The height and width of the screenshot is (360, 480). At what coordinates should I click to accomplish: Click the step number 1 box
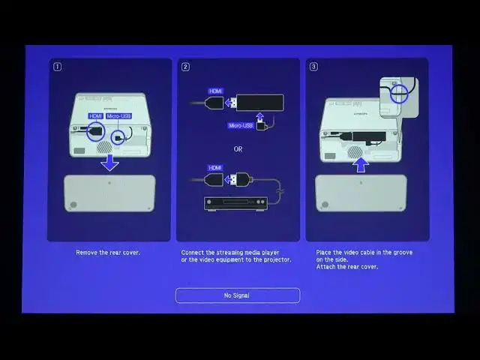pyautogui.click(x=57, y=67)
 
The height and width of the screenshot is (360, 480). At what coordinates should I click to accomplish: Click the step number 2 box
pyautogui.click(x=185, y=67)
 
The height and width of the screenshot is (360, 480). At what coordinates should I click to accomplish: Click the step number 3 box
pyautogui.click(x=313, y=67)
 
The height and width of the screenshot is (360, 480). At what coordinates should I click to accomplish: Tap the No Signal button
pyautogui.click(x=238, y=295)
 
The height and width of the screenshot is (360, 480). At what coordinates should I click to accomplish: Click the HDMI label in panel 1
pyautogui.click(x=95, y=116)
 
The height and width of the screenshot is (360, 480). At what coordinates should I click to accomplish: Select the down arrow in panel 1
pyautogui.click(x=109, y=163)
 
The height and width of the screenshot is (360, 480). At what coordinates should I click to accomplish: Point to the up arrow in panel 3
pyautogui.click(x=361, y=163)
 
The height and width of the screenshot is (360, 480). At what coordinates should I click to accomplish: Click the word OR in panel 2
pyautogui.click(x=238, y=148)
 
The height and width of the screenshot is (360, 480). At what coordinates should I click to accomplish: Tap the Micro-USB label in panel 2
pyautogui.click(x=240, y=125)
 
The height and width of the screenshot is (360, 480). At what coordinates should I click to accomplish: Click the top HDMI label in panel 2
pyautogui.click(x=215, y=91)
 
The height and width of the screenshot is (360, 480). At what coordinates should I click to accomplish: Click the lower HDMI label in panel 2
pyautogui.click(x=215, y=167)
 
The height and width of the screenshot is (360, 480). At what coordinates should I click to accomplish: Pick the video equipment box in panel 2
pyautogui.click(x=235, y=202)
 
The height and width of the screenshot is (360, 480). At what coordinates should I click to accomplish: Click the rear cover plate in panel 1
pyautogui.click(x=109, y=193)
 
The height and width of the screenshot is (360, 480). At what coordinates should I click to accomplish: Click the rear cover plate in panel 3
pyautogui.click(x=361, y=193)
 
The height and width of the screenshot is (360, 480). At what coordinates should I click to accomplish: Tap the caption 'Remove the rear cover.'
pyautogui.click(x=108, y=253)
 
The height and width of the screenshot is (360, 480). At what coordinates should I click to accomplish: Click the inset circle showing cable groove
pyautogui.click(x=400, y=94)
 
